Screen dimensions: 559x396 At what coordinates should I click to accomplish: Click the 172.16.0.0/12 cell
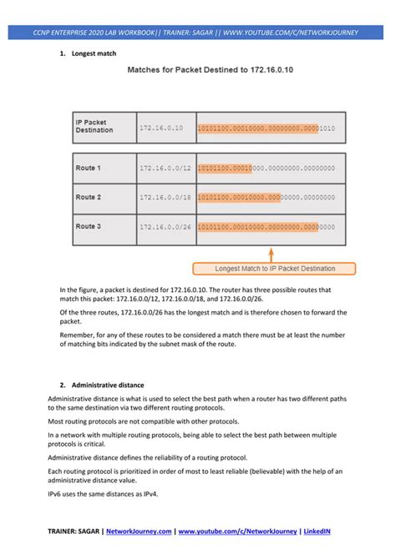click(x=165, y=168)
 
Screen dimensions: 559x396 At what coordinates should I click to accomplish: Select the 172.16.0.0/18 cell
click(x=165, y=197)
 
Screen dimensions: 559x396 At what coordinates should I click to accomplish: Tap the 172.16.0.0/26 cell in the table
click(x=165, y=226)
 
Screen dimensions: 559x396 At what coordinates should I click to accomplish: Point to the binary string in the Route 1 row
click(x=266, y=168)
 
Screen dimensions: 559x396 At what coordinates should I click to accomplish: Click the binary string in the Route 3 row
click(x=266, y=226)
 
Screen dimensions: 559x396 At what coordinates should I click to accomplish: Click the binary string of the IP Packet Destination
click(x=266, y=128)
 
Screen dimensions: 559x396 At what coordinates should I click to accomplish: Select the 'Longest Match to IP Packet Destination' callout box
click(x=275, y=269)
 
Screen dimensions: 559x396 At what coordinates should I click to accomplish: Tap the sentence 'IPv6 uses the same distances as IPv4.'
click(x=103, y=494)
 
